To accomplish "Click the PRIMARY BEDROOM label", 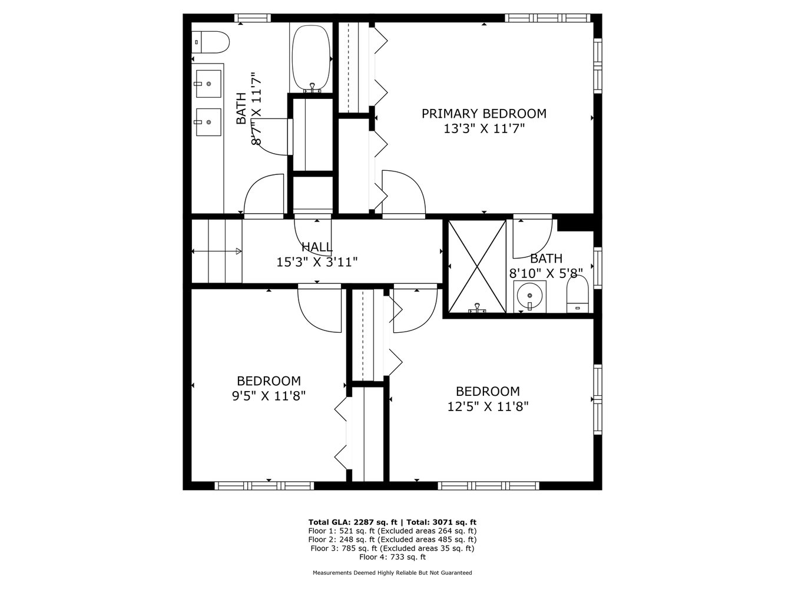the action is point(484,114).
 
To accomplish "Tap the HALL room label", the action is point(317,247).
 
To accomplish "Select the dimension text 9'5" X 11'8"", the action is point(269,396).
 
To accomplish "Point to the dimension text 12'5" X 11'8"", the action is point(488,406).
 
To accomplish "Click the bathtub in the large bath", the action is point(311,59).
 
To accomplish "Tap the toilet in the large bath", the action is point(210,42).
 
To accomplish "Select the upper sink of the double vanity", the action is point(208,84).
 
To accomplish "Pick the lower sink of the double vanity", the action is point(208,122).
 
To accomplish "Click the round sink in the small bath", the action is point(529,296).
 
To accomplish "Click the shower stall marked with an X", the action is point(477,266).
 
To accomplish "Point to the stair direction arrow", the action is point(217,252).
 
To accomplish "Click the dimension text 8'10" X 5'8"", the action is point(546,273).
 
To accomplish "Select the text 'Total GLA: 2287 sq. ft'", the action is point(353,522).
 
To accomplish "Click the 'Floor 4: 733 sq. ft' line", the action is point(392,557).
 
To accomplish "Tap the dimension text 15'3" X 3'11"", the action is point(317,262).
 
